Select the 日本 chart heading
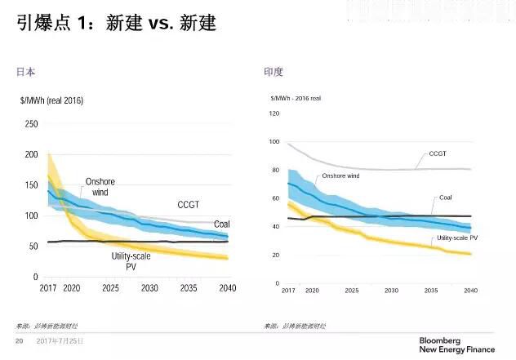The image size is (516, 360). click(x=26, y=72)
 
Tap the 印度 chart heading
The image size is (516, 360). click(x=273, y=72)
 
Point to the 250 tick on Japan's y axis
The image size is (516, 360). click(x=31, y=124)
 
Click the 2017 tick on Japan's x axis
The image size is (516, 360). click(x=48, y=288)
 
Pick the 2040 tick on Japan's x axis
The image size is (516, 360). click(x=227, y=288)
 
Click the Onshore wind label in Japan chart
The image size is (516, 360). click(x=100, y=187)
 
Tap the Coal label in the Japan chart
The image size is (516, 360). click(x=221, y=224)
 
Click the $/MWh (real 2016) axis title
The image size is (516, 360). click(x=51, y=101)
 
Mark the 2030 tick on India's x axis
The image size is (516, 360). click(x=394, y=291)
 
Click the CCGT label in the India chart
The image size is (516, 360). click(x=438, y=153)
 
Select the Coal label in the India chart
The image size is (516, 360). click(x=446, y=197)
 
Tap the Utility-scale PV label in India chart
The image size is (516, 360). click(x=456, y=237)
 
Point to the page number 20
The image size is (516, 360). click(x=20, y=340)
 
